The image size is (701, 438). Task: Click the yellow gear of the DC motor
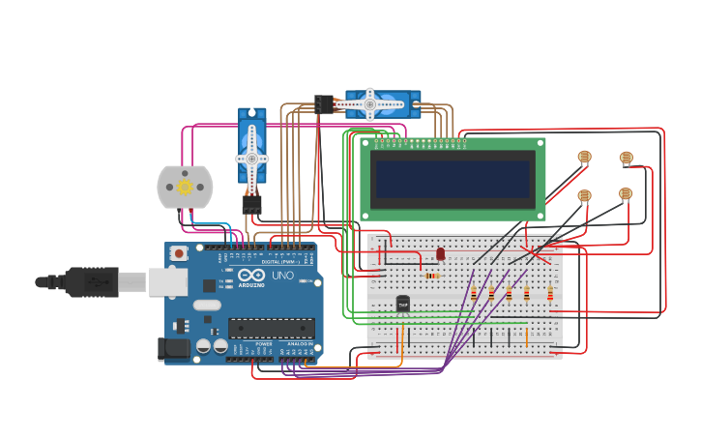(x=185, y=188)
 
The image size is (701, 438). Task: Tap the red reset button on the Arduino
(x=178, y=253)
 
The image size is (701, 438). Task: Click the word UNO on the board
(x=283, y=276)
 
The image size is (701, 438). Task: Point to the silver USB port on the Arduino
(x=168, y=281)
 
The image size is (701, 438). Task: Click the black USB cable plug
(x=93, y=282)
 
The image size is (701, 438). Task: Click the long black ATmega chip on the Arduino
(x=271, y=329)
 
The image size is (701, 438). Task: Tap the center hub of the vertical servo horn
(x=251, y=158)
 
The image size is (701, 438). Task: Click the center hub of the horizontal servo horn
(x=369, y=104)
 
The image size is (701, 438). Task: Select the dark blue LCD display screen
(x=453, y=178)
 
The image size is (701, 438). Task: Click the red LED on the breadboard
(x=441, y=254)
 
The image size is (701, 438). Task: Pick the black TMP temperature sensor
(x=403, y=305)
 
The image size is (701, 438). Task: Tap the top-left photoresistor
(x=584, y=157)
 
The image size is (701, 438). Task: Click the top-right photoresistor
(x=626, y=158)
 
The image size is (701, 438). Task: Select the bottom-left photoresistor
(x=584, y=195)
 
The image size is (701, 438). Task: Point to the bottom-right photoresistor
(x=626, y=193)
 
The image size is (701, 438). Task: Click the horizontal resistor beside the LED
(x=432, y=276)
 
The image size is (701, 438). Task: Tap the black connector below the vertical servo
(x=251, y=204)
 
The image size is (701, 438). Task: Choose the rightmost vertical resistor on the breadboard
(x=550, y=293)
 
